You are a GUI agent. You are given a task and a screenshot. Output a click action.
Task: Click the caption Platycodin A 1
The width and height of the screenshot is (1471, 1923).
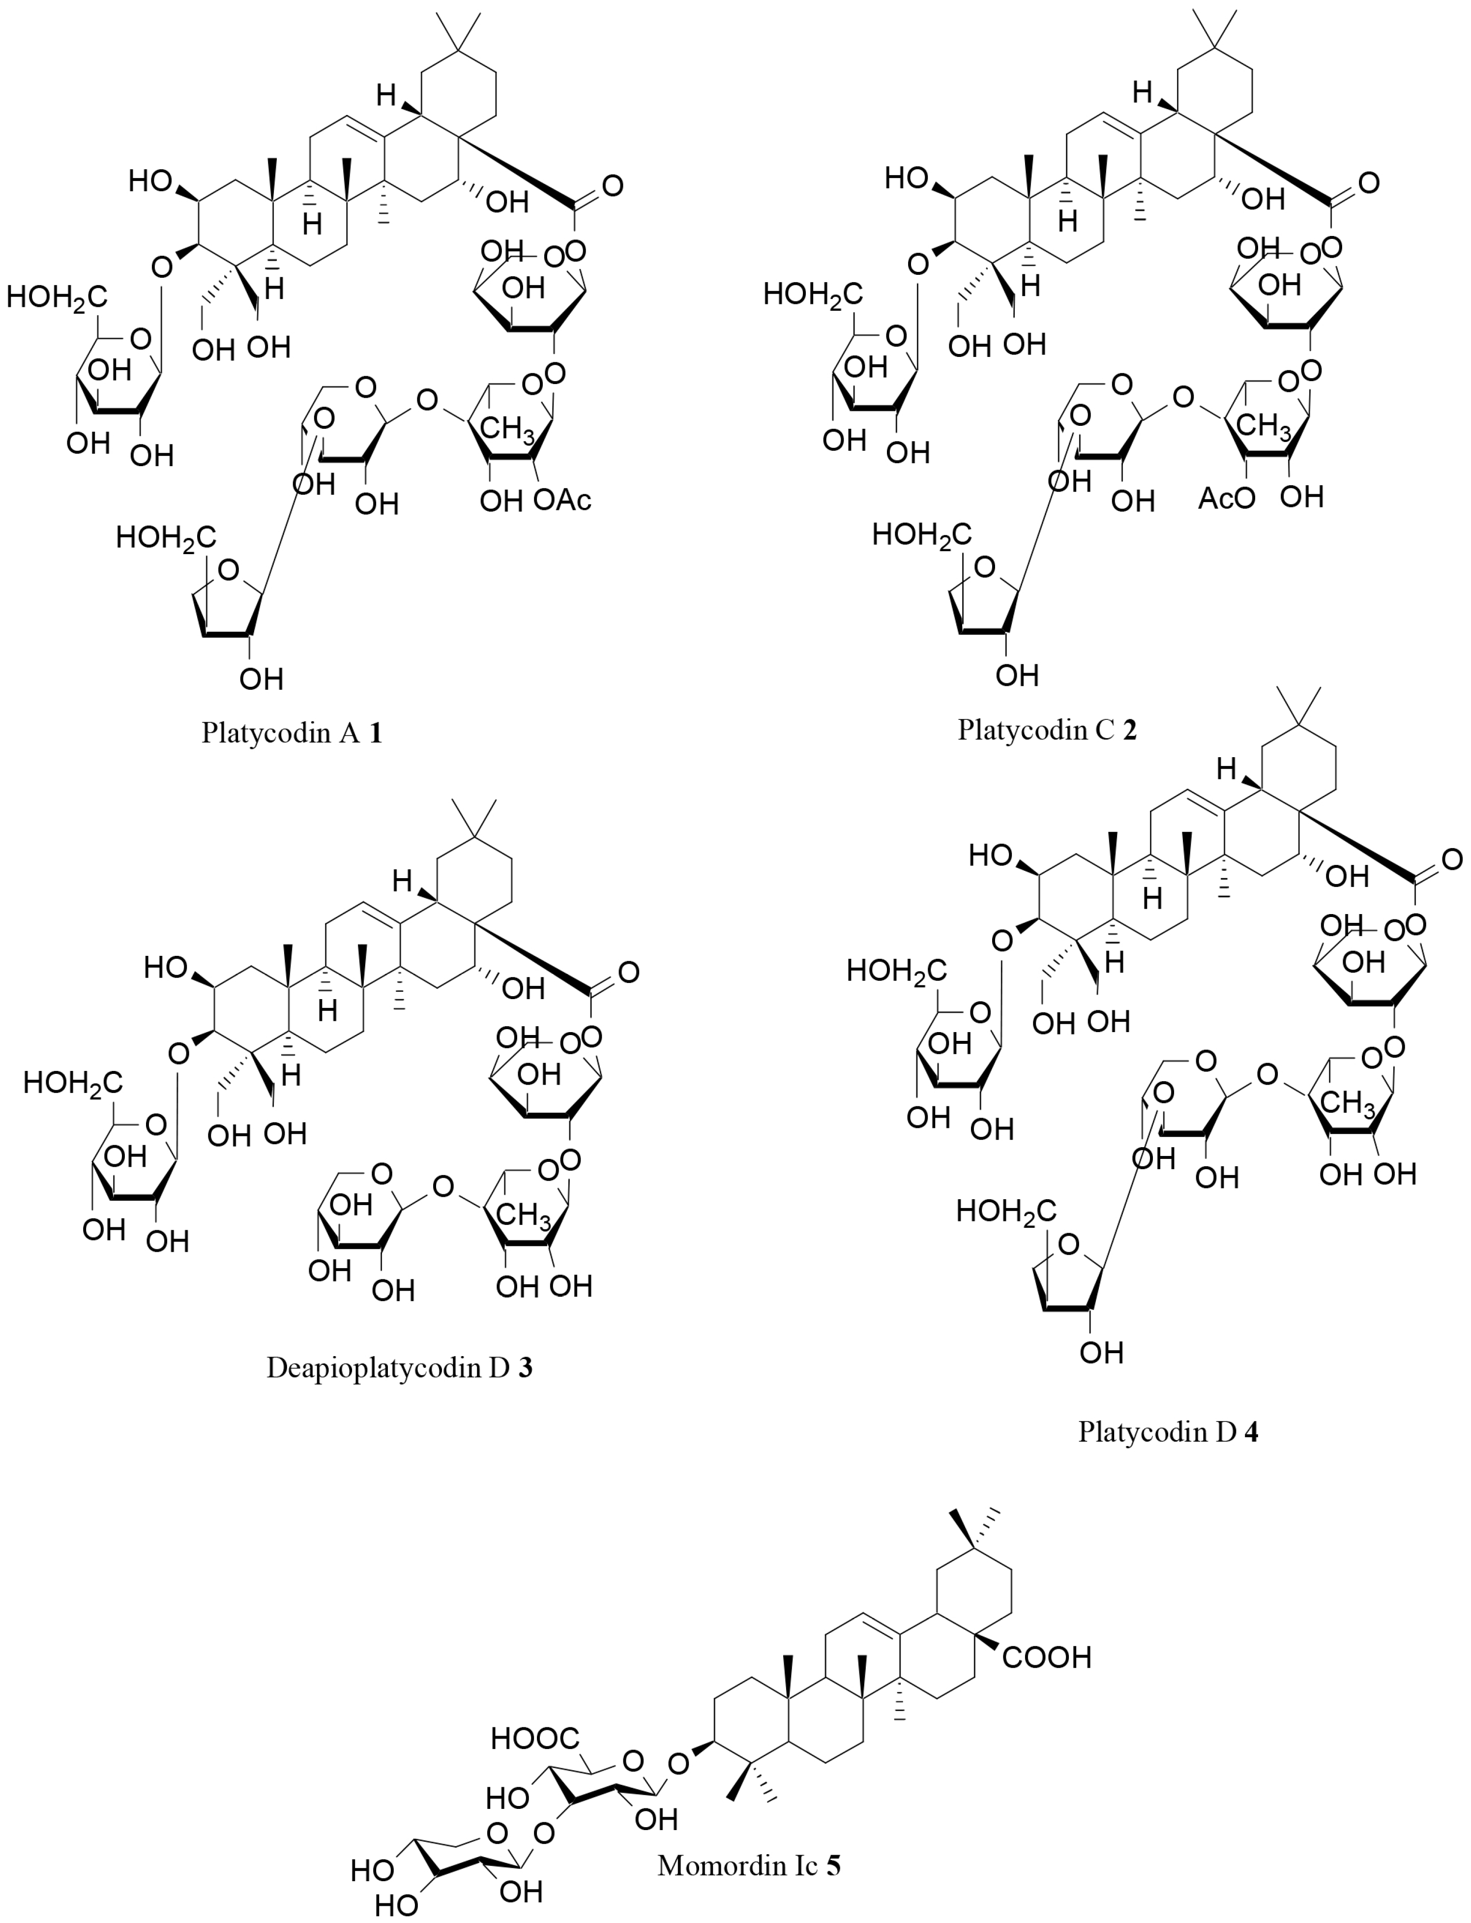pyautogui.click(x=292, y=732)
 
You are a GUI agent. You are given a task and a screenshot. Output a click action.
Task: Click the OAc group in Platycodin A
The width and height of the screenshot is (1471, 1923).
pyautogui.click(x=562, y=500)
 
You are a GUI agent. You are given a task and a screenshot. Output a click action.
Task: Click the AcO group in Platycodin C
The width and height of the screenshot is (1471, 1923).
pyautogui.click(x=1226, y=498)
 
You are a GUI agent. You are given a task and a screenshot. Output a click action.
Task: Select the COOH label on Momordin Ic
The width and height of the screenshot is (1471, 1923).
pyautogui.click(x=1047, y=1657)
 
